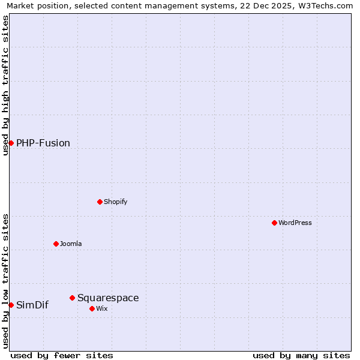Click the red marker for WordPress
pos(274,223)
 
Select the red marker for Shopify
pos(100,202)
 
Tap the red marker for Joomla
pos(56,244)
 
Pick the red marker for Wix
pos(92,308)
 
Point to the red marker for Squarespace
pos(72,298)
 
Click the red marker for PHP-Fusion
pos(11,143)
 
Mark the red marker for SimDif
pos(11,305)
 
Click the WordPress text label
pos(295,223)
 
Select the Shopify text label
pos(116,202)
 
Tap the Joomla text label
pos(71,244)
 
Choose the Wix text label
pos(102,308)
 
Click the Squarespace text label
pos(108,298)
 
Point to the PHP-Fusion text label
pos(43,143)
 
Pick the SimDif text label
pos(32,305)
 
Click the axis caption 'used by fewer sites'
pos(62,355)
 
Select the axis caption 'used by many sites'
pos(301,355)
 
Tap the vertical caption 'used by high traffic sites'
pos(5,85)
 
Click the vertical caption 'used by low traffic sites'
pos(5,281)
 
